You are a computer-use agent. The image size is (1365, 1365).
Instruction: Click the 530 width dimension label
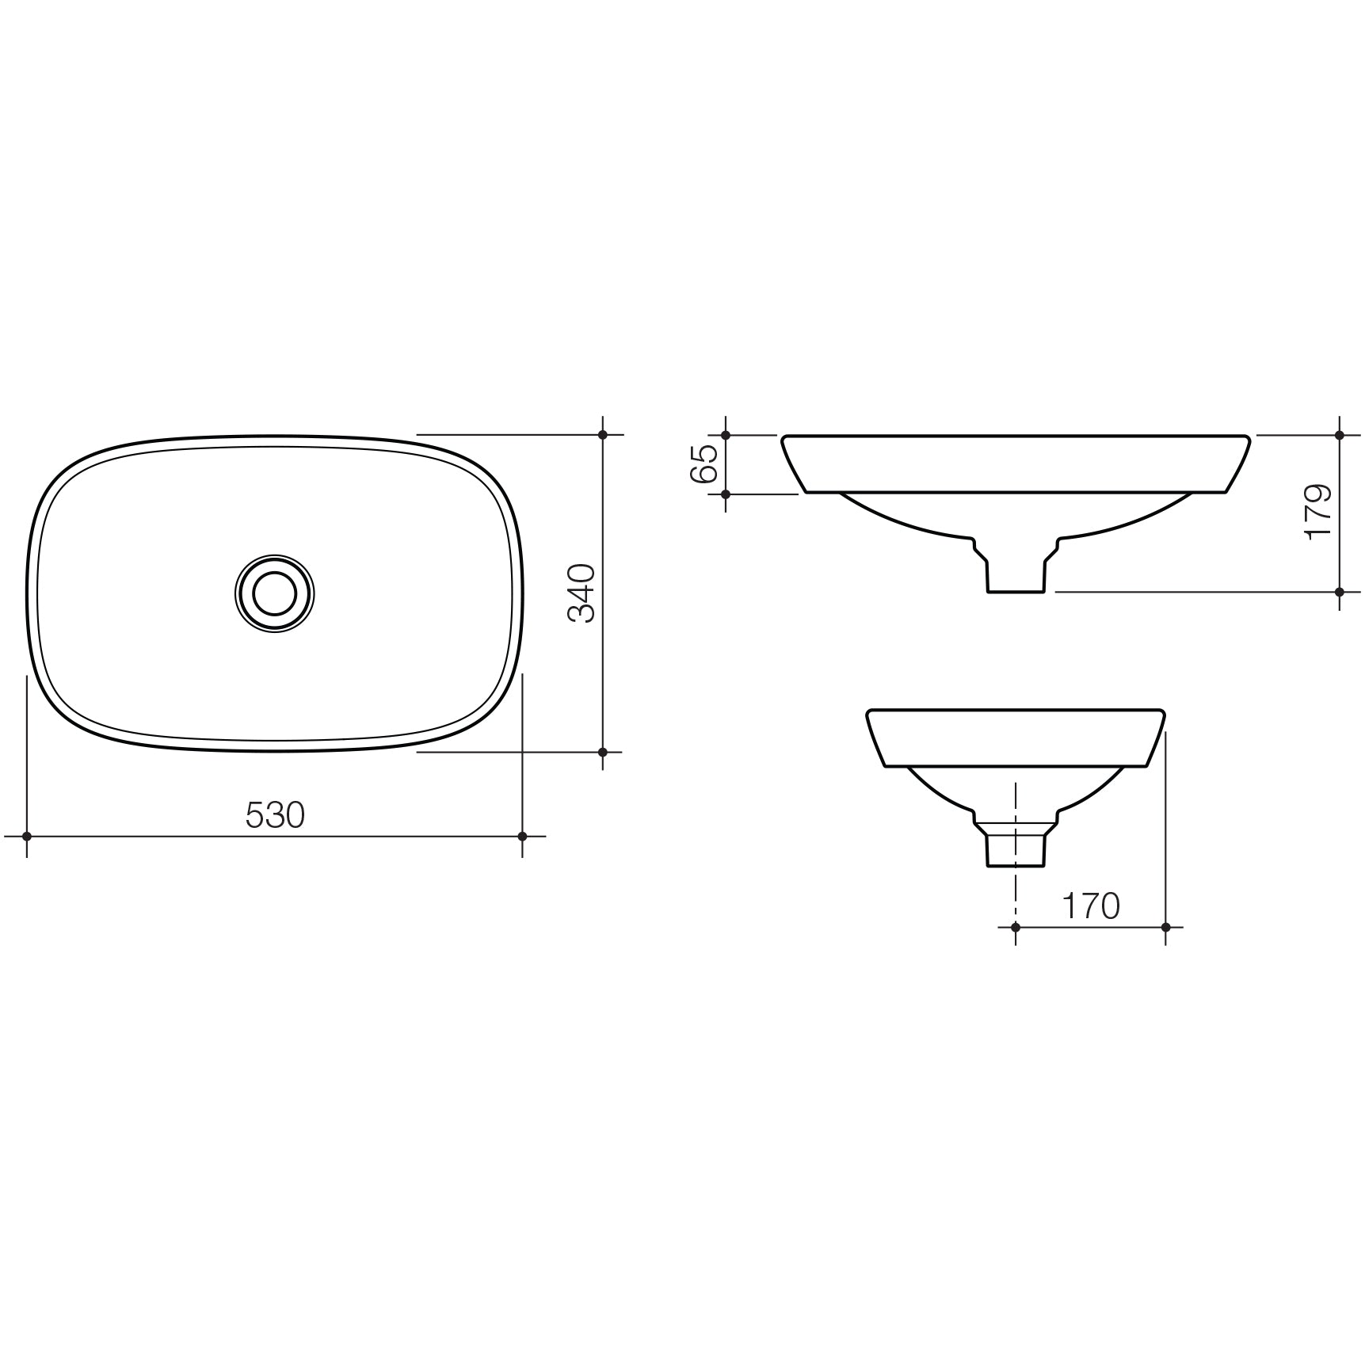click(x=275, y=815)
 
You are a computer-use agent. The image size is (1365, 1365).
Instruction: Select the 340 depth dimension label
click(x=583, y=593)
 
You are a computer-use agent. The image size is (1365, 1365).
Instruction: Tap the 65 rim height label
click(x=704, y=463)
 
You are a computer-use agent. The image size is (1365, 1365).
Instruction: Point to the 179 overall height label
click(x=1318, y=513)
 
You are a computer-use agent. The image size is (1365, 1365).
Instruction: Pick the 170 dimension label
click(x=1091, y=906)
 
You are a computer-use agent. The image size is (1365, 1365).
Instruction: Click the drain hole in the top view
click(x=275, y=593)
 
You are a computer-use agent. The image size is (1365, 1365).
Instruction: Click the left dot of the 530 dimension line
click(x=27, y=836)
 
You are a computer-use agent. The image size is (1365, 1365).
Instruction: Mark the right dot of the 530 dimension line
click(x=522, y=836)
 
